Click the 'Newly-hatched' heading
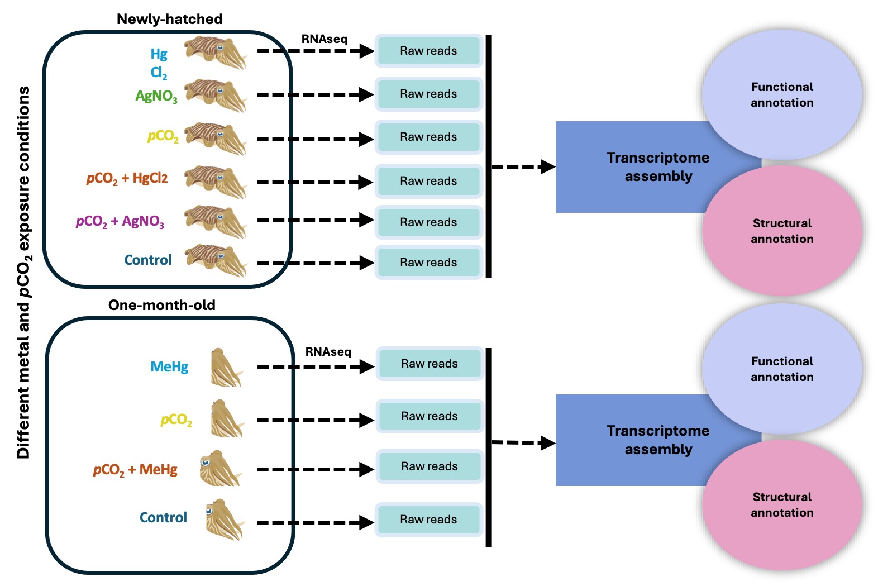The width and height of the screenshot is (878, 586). click(x=169, y=19)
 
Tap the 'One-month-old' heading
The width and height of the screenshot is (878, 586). click(x=161, y=305)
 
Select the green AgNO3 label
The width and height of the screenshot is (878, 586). click(x=156, y=96)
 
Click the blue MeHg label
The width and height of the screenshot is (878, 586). click(x=169, y=367)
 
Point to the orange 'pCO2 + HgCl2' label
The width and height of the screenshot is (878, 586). click(x=127, y=179)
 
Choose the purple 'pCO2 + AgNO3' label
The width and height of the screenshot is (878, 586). click(x=120, y=222)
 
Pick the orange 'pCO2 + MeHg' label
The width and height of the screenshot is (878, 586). click(x=135, y=470)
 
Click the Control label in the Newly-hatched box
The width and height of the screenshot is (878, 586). click(x=148, y=260)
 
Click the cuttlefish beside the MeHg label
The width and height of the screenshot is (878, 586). click(x=226, y=368)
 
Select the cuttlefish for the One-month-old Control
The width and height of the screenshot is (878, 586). click(x=225, y=520)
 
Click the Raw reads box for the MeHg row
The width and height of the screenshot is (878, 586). click(x=429, y=364)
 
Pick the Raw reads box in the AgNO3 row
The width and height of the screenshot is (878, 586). click(x=428, y=94)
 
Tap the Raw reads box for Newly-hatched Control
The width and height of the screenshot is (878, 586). click(x=428, y=263)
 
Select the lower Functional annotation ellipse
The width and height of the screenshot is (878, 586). click(x=782, y=369)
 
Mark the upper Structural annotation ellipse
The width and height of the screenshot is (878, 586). click(x=782, y=231)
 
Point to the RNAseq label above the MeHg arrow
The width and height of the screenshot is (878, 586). click(x=328, y=352)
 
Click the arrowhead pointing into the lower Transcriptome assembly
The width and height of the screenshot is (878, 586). click(x=548, y=444)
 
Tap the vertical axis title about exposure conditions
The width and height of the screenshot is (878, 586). click(x=23, y=272)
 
